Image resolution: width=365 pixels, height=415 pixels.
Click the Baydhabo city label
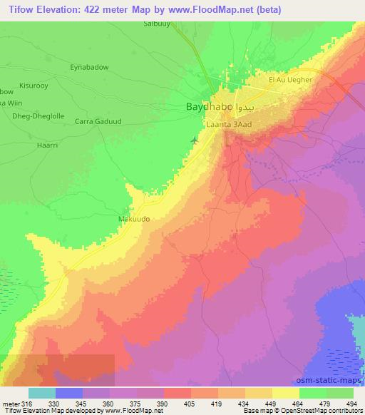pos(208,106)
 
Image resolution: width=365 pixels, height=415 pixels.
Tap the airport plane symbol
pos(195,139)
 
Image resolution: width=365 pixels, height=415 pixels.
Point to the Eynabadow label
pos(89,66)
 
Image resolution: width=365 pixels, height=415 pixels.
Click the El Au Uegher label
pos(289,80)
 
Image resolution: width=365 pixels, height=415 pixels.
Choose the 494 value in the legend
pos(351,403)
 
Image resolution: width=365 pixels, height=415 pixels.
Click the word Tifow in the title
pos(19,9)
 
